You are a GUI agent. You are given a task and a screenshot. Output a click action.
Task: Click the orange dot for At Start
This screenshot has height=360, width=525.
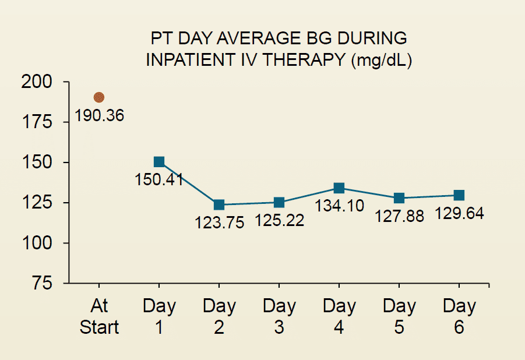99,97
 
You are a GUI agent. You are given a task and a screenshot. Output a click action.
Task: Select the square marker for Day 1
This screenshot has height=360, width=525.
159,162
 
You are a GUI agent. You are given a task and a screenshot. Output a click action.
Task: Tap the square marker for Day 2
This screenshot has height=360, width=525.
219,204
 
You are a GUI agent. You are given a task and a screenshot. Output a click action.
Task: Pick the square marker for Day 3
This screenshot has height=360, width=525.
279,202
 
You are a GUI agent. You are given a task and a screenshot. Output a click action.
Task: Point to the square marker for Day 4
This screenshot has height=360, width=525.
339,188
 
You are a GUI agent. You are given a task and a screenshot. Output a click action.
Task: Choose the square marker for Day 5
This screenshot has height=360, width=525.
399,198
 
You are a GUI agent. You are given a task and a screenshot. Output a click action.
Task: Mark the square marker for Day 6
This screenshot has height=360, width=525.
459,195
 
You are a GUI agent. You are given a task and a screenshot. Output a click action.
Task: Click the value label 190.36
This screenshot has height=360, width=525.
100,115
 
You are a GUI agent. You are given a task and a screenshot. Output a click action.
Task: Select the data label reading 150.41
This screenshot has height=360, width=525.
160,179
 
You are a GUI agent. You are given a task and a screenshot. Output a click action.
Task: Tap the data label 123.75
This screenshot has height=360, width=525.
219,223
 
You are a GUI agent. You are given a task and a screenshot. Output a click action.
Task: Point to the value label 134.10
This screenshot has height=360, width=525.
340,206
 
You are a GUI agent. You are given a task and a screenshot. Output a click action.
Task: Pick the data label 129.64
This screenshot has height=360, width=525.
459,213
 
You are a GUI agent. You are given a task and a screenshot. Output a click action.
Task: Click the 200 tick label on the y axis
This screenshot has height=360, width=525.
37,82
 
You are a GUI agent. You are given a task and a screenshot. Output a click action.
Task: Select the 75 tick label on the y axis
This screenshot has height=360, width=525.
42,283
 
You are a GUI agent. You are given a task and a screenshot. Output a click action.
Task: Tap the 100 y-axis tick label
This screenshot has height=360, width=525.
37,243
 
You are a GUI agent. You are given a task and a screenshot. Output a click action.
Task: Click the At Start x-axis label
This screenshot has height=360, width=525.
99,316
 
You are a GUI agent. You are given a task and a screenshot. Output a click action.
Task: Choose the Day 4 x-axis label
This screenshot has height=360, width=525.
339,316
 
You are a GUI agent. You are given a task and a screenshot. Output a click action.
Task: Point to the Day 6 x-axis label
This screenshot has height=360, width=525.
459,316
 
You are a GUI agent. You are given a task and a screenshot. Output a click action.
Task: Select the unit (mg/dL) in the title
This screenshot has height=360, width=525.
382,61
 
